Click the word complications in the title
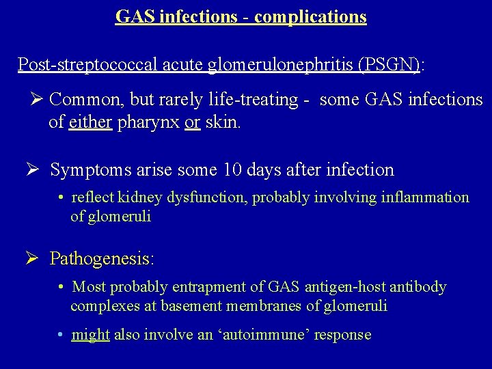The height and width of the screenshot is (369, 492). click(312, 16)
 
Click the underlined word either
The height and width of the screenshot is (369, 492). click(90, 123)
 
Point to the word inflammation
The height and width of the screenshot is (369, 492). click(426, 198)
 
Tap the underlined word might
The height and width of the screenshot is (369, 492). click(91, 335)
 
